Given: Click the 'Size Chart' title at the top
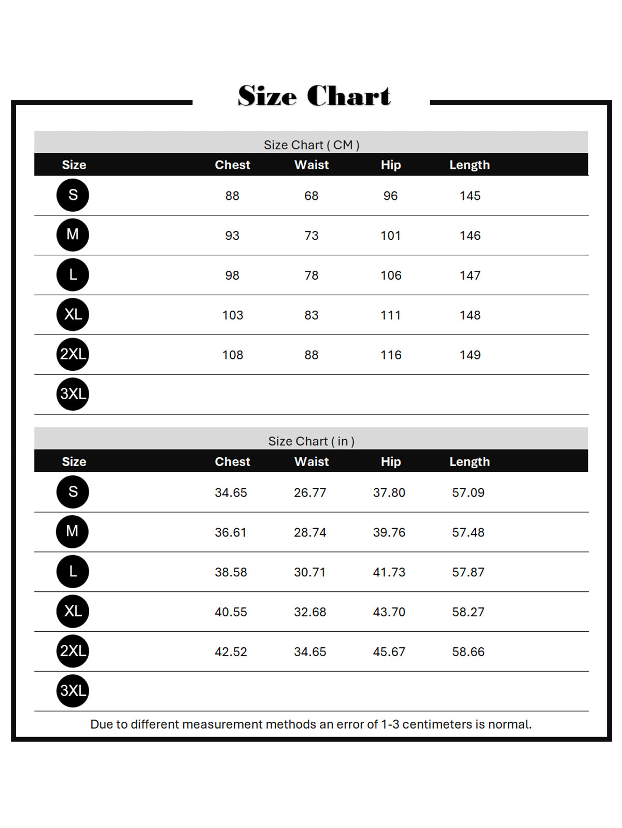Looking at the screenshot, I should pos(314,96).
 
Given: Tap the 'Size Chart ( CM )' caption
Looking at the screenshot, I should pos(311,144).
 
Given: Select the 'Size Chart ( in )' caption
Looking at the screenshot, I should pos(311,441).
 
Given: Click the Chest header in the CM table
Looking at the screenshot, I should pos(232,165).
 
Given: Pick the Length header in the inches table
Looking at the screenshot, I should pos(469,461).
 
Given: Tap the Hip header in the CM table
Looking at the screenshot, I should pos(390,165).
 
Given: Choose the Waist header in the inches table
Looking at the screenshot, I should pos(312,461).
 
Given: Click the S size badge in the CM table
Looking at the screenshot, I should pos(73,195).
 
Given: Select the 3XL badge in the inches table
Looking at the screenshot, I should pos(73,691).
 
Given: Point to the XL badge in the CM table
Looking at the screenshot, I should pos(73,314).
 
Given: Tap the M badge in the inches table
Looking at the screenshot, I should pos(73,531).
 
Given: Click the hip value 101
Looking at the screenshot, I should pos(390,236).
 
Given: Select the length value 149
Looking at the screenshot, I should pos(470,355).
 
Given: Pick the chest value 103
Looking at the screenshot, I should pos(232,315).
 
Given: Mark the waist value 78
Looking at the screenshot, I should pos(311,275).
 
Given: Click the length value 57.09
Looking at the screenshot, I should pos(468,492).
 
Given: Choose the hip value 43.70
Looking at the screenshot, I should pos(389,612).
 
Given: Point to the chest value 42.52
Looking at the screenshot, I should pos(231,652).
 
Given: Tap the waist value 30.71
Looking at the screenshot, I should pos(309,572).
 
